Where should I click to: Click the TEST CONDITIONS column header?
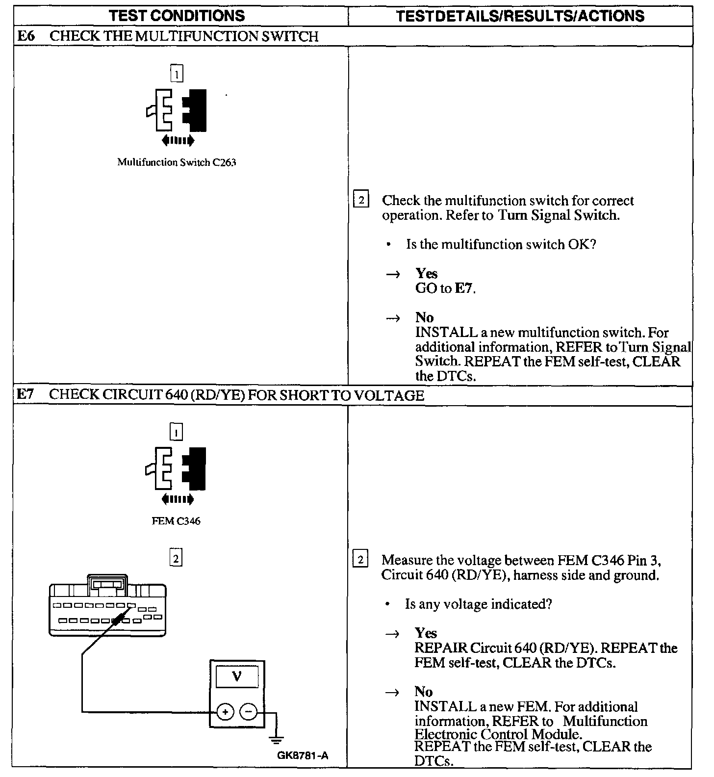pos(177,15)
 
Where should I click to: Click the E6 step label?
pos(25,36)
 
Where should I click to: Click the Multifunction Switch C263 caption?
pos(177,162)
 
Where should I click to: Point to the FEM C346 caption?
pos(176,521)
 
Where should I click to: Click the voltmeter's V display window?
pos(237,677)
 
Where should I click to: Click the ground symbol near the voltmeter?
pos(276,739)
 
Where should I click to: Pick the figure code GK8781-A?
pos(303,756)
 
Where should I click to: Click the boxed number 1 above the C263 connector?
pos(177,74)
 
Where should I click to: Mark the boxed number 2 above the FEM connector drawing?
pos(176,558)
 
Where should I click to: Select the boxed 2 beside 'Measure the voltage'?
pos(360,560)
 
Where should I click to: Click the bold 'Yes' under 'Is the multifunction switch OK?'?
pos(426,273)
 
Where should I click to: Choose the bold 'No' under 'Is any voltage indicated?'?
pos(423,692)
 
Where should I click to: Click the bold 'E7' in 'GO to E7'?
pos(463,288)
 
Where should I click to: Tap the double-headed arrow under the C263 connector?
pos(178,141)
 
